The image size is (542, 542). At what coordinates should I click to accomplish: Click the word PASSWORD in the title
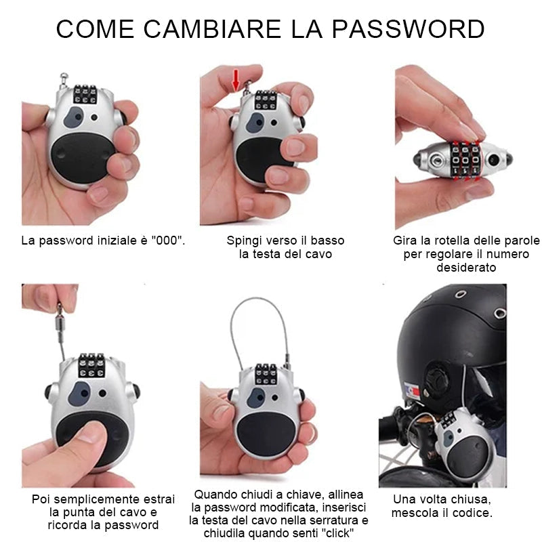(409, 29)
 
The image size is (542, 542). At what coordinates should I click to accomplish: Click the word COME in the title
(95, 29)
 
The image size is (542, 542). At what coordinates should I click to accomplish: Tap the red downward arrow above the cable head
(236, 80)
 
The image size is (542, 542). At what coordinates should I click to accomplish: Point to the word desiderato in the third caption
(466, 267)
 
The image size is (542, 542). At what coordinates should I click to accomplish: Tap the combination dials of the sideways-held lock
(465, 160)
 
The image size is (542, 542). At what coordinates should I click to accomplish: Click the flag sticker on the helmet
(412, 391)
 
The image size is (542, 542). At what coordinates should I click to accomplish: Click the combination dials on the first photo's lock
(85, 94)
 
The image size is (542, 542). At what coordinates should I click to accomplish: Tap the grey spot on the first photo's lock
(74, 117)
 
